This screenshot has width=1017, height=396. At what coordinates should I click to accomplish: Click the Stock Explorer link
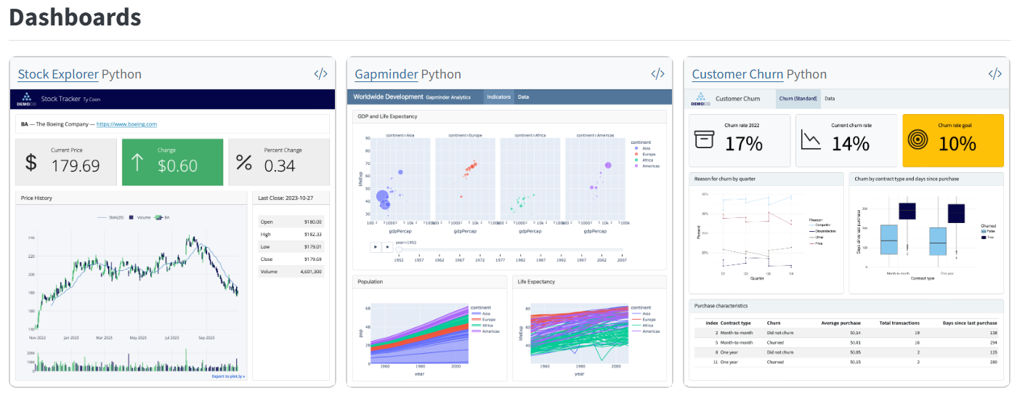pyautogui.click(x=58, y=74)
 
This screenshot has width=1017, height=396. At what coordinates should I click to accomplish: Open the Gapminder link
pyautogui.click(x=386, y=74)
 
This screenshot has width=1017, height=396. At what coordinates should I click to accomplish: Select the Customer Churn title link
pyautogui.click(x=737, y=74)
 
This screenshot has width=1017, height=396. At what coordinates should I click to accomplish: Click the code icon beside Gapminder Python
pyautogui.click(x=657, y=73)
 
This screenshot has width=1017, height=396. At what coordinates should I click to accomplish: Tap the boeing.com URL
pyautogui.click(x=126, y=124)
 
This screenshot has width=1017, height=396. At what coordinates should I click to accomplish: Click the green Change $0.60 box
pyautogui.click(x=172, y=162)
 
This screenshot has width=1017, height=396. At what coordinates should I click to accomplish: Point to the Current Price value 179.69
pyautogui.click(x=76, y=166)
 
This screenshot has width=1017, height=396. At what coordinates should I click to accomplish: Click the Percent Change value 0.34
pyautogui.click(x=280, y=166)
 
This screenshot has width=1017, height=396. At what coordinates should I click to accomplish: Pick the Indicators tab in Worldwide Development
pyautogui.click(x=498, y=97)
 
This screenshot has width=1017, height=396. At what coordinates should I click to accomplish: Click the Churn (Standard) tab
pyautogui.click(x=798, y=98)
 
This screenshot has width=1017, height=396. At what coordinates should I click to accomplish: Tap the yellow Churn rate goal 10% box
pyautogui.click(x=952, y=141)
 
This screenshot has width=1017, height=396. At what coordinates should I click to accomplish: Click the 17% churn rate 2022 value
pyautogui.click(x=744, y=144)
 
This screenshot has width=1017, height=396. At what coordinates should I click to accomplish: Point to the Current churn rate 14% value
pyautogui.click(x=850, y=144)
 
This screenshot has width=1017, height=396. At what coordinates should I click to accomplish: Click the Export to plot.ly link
pyautogui.click(x=228, y=376)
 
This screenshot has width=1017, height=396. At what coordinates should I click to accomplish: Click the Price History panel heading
pyautogui.click(x=36, y=198)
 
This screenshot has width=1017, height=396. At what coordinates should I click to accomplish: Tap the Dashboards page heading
pyautogui.click(x=75, y=17)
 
